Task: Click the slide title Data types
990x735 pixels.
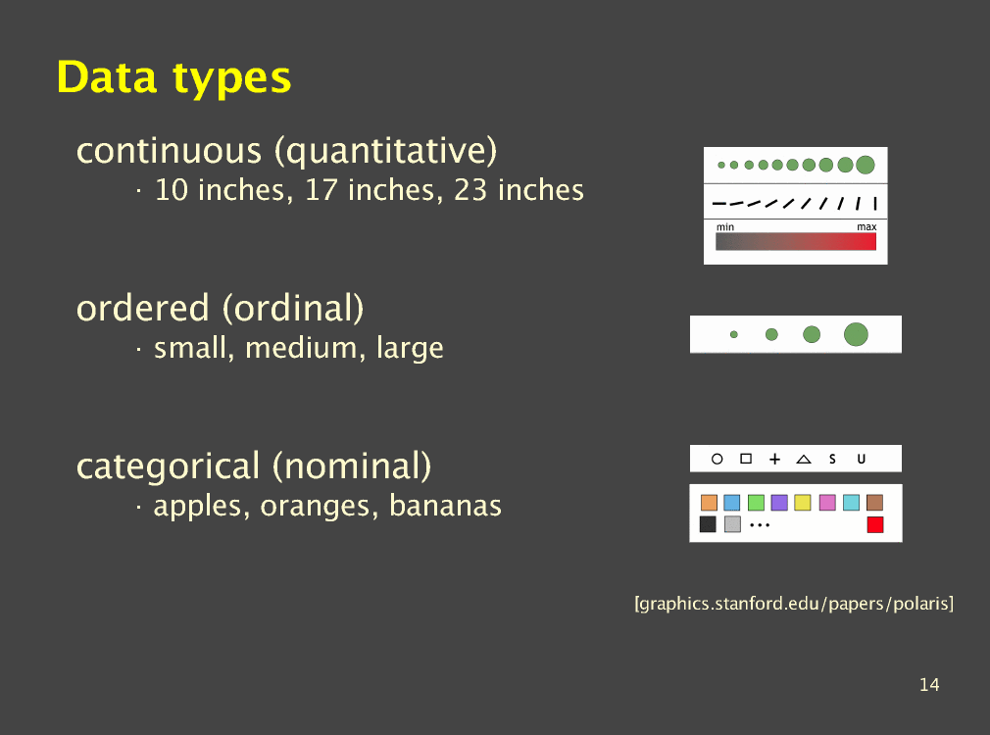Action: click(173, 78)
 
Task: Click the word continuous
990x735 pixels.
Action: click(169, 151)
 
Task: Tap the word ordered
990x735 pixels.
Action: click(143, 308)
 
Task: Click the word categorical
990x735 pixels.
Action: click(168, 467)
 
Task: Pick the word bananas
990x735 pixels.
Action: click(445, 506)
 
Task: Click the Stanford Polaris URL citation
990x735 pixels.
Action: click(794, 604)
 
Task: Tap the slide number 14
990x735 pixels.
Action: click(929, 684)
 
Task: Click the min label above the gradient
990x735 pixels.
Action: click(724, 226)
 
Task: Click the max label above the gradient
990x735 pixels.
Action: click(866, 226)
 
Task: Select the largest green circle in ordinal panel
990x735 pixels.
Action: click(856, 334)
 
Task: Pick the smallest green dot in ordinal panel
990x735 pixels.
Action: click(733, 334)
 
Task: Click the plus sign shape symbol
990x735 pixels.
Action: click(774, 459)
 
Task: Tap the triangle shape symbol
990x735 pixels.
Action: click(804, 459)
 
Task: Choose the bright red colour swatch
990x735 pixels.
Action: click(875, 524)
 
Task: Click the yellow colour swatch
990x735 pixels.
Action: click(803, 503)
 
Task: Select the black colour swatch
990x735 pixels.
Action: click(708, 524)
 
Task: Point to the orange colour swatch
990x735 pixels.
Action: click(709, 503)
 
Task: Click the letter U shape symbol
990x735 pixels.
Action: click(862, 459)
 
